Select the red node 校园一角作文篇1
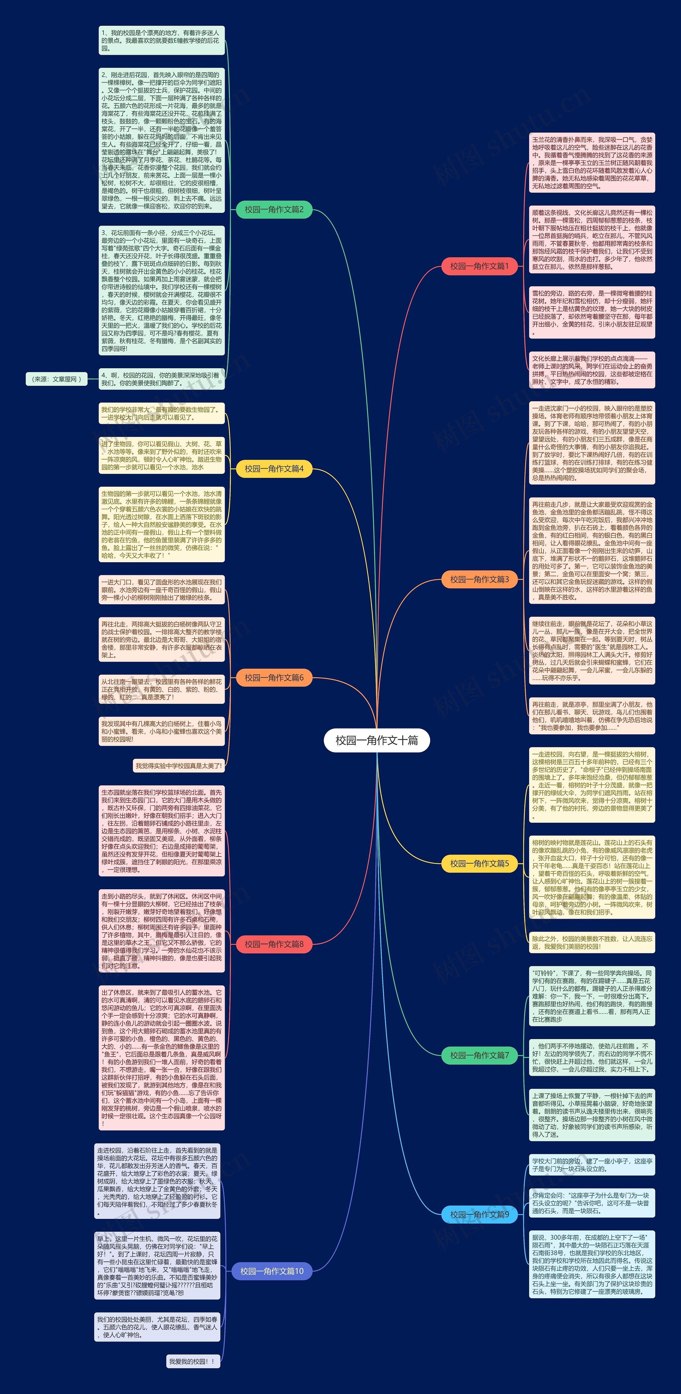[479, 266]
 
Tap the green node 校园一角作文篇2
[274, 209]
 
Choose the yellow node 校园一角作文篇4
[274, 469]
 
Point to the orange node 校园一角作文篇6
[274, 677]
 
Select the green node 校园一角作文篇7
[479, 1055]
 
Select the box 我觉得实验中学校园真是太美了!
[178, 766]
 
